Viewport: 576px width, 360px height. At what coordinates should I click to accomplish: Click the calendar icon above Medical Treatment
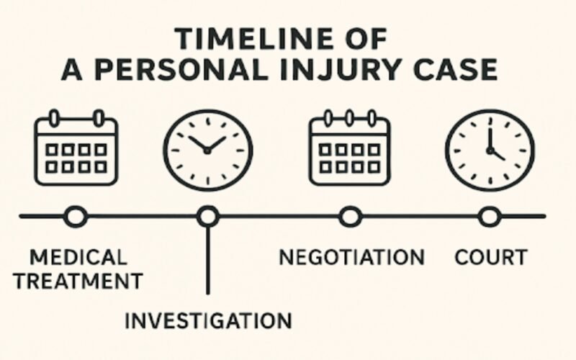coord(76,148)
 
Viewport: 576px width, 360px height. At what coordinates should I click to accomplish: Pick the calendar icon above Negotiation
coord(349,148)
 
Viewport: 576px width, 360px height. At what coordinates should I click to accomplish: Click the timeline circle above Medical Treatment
coord(76,215)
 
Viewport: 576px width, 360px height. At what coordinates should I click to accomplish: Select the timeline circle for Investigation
coord(207,215)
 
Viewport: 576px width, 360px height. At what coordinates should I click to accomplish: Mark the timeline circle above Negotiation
coord(350,215)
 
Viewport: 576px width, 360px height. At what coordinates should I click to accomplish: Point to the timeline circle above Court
coord(490,215)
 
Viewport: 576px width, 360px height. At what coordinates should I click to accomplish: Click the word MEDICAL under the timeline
coord(78,257)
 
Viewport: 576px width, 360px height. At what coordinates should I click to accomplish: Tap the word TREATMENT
coord(78,280)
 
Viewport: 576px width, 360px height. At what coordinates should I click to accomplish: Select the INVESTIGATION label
coord(208,320)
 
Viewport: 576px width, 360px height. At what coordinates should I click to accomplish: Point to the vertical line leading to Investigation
coord(207,259)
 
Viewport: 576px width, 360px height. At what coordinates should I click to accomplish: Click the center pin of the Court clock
coord(490,150)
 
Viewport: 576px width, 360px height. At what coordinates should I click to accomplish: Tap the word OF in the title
coord(366,37)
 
